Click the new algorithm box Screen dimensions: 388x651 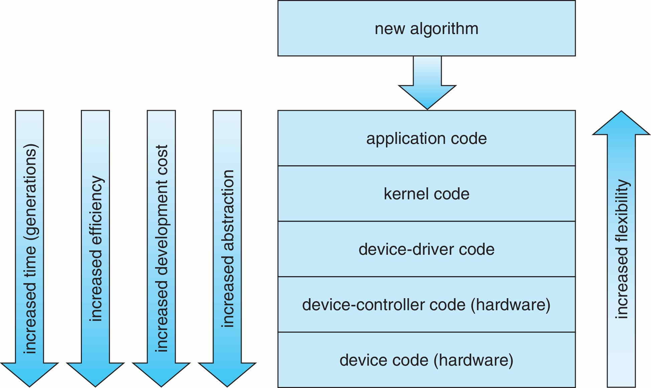point(426,28)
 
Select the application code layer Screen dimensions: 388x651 point(426,138)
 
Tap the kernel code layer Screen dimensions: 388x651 point(426,194)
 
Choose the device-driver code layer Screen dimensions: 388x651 point(426,249)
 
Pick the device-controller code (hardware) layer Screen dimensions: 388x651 point(426,305)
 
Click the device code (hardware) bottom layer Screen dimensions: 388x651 point(426,360)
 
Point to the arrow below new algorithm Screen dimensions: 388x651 point(427,83)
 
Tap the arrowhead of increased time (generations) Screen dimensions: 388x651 point(29,374)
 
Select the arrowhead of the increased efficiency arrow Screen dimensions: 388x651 point(95,374)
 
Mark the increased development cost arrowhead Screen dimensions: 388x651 point(161,374)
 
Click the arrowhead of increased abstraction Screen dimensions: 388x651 point(227,374)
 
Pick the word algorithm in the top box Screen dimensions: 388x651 point(444,29)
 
